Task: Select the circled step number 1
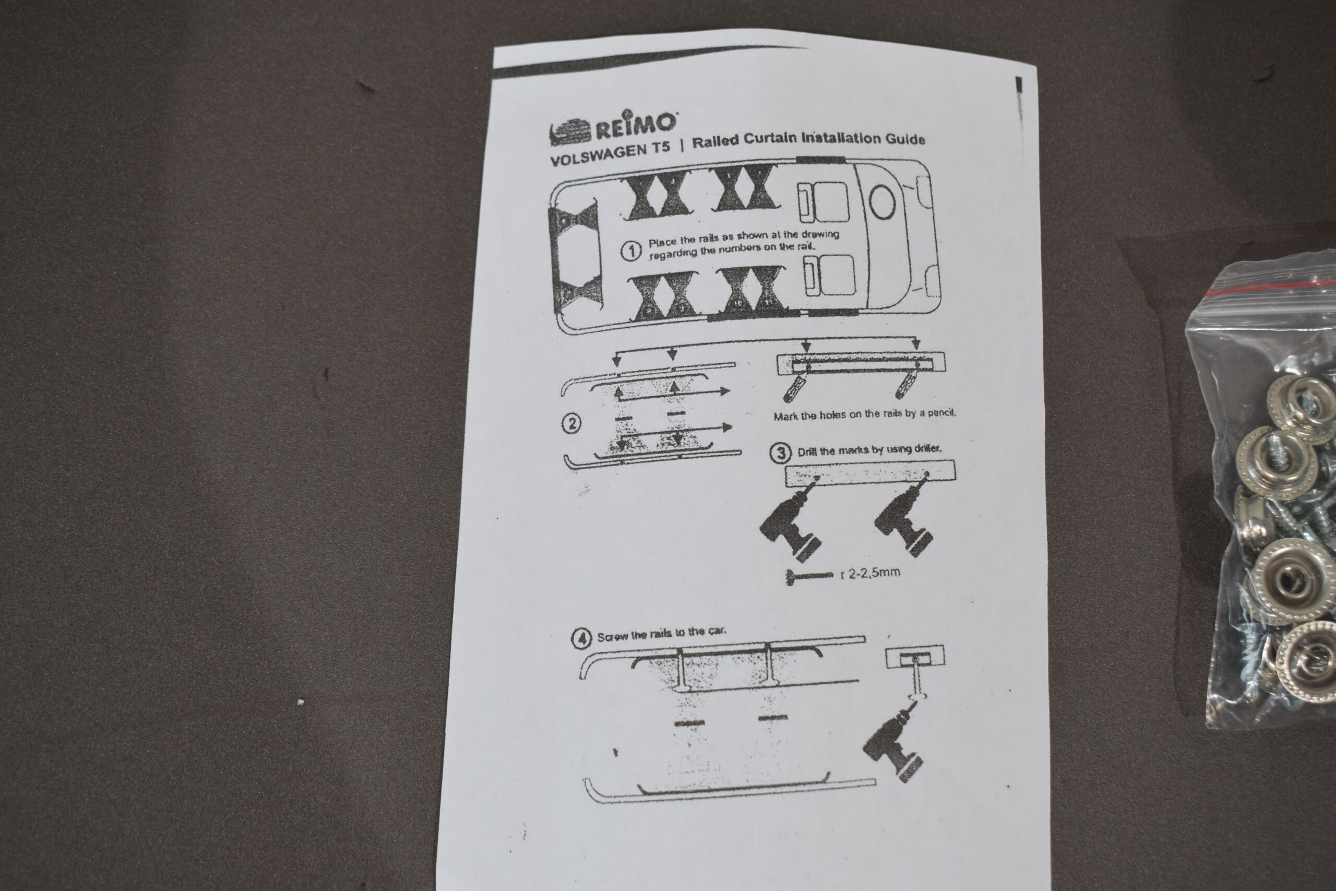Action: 630,251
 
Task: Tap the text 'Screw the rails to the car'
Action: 661,634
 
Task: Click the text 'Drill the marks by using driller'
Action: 869,450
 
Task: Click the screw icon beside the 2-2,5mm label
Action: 809,577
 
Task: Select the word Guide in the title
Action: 905,139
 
